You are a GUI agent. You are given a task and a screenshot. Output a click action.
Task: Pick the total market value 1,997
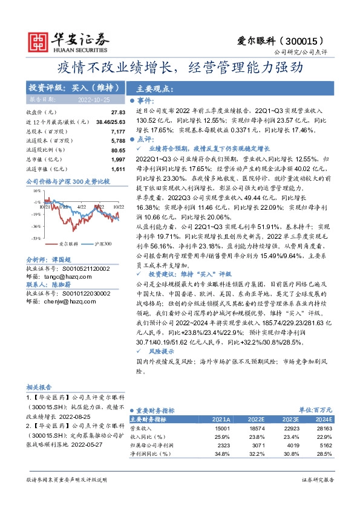[x=118, y=158]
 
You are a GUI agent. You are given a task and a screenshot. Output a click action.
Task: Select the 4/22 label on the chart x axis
[x=82, y=206]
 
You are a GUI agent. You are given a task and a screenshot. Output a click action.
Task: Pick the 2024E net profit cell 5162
[x=325, y=444]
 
